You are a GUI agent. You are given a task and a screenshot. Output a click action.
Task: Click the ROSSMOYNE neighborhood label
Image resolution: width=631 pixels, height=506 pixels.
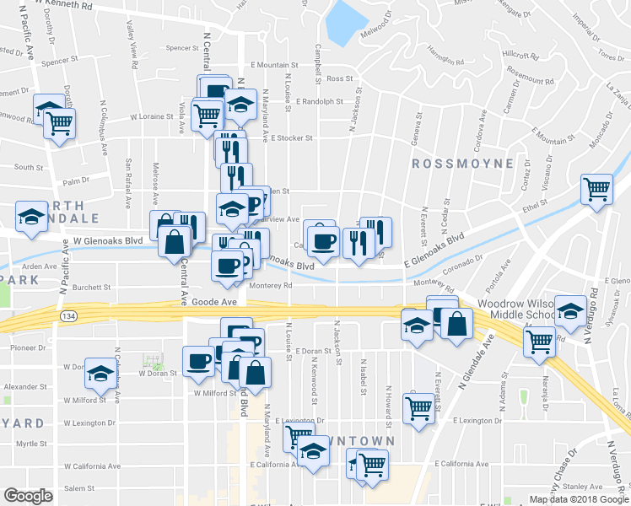(x=462, y=163)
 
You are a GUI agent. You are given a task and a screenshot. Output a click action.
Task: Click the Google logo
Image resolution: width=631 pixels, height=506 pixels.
(x=28, y=496)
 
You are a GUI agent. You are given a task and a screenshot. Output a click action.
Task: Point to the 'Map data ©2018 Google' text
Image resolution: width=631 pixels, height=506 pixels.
(x=580, y=499)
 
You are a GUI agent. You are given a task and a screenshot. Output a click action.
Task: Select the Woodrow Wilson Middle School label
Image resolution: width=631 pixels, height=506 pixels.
(x=515, y=309)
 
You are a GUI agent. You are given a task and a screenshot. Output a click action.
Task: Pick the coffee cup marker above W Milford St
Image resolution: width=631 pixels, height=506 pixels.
(x=199, y=360)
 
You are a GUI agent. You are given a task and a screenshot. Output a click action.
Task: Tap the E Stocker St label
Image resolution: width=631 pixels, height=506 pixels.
(x=292, y=138)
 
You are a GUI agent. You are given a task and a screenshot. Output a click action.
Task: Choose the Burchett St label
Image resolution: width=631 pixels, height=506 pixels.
(x=91, y=288)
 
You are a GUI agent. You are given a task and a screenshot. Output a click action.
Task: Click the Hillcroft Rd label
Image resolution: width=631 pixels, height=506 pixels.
(x=520, y=56)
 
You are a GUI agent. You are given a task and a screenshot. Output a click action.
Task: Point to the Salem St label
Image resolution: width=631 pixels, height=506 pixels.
(x=78, y=488)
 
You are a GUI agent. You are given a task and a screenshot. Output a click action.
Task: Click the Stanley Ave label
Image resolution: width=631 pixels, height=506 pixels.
(x=582, y=487)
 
